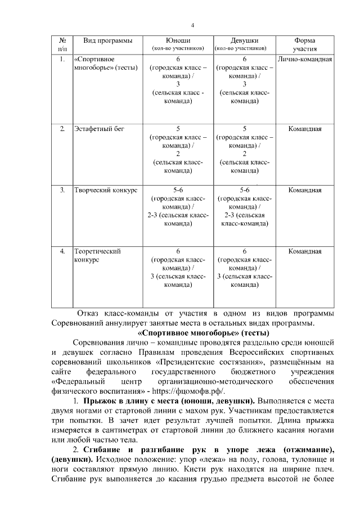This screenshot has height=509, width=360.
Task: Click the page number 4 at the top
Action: [x=192, y=25]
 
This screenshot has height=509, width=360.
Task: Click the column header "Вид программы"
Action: [x=108, y=40]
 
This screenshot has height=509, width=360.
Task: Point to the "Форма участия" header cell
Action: [x=305, y=44]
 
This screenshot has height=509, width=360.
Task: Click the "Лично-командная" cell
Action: [x=305, y=59]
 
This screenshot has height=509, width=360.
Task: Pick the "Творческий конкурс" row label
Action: [x=106, y=190]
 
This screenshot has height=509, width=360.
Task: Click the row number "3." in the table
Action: [x=62, y=190]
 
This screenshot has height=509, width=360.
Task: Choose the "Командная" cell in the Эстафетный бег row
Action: [x=305, y=129]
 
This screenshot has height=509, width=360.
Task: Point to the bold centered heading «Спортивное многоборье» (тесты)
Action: [x=192, y=333]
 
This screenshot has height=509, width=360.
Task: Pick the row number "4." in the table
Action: [x=62, y=251]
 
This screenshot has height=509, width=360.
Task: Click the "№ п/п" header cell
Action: [x=62, y=44]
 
